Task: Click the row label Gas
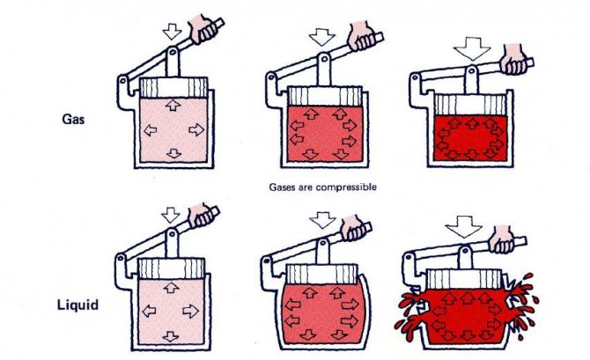coord(73,120)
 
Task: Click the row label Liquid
coord(77,305)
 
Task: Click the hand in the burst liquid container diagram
coord(501,239)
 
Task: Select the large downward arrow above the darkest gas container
coord(472,48)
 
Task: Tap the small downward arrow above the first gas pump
coord(173,31)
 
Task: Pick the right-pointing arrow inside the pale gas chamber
coord(196,129)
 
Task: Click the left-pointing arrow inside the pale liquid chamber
coord(150,311)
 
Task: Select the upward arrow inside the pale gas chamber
coord(173,106)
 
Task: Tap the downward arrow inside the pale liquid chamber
coord(171,336)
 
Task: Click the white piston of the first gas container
coord(173,88)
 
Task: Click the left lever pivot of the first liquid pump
coord(121,259)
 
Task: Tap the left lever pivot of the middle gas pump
coord(271,77)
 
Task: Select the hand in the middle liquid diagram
coord(353,228)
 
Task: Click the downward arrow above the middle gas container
coord(321,38)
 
